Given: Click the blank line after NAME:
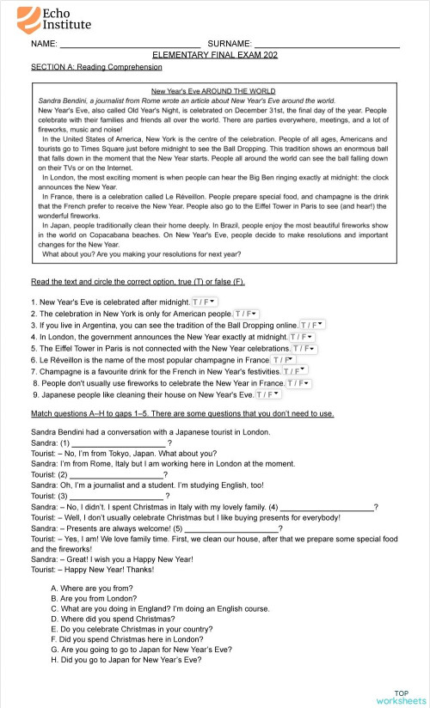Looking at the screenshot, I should tap(130, 42).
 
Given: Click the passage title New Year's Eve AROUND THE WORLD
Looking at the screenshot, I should tap(213, 90).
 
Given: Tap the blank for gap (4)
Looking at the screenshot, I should tap(327, 506).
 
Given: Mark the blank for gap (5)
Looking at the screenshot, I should tap(232, 528).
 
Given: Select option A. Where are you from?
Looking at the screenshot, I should tap(94, 588).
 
